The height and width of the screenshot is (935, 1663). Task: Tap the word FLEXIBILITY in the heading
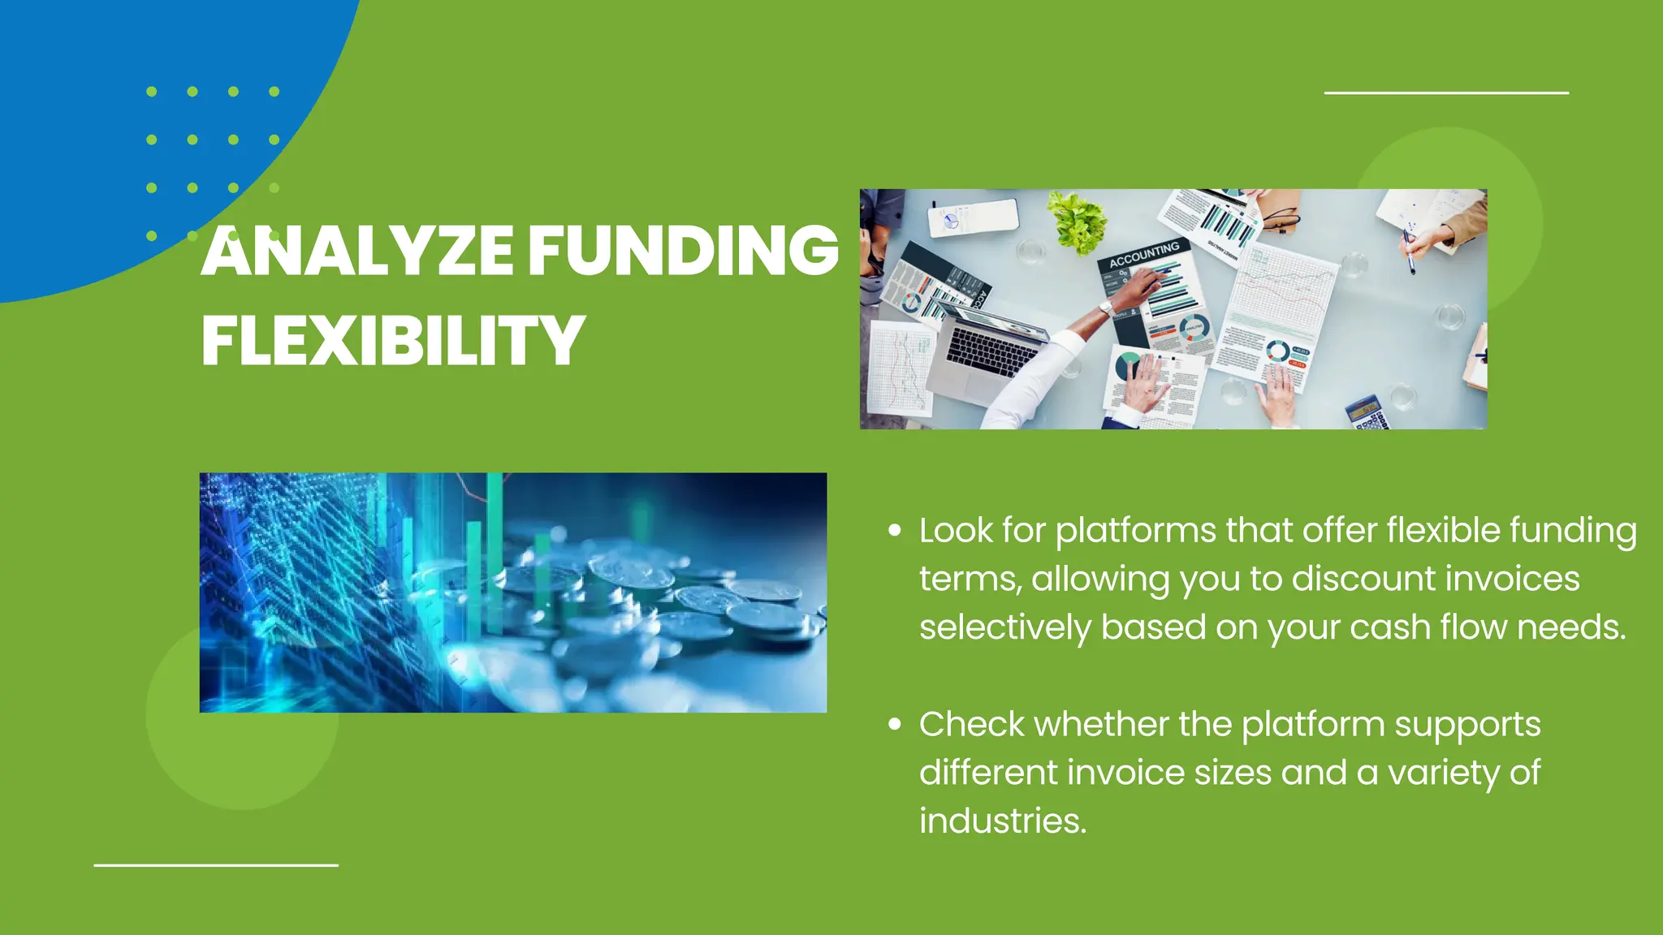393,341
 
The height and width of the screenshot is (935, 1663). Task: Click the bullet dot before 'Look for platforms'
895,531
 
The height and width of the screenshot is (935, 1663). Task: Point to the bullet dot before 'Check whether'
895,724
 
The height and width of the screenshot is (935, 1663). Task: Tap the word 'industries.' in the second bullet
1003,821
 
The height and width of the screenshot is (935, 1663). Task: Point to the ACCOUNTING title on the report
1144,254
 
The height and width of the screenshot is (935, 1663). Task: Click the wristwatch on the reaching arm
1106,308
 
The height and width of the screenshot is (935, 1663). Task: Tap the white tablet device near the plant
973,217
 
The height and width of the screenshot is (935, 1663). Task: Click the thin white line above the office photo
1446,93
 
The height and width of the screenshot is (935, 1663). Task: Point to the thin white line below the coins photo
216,865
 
